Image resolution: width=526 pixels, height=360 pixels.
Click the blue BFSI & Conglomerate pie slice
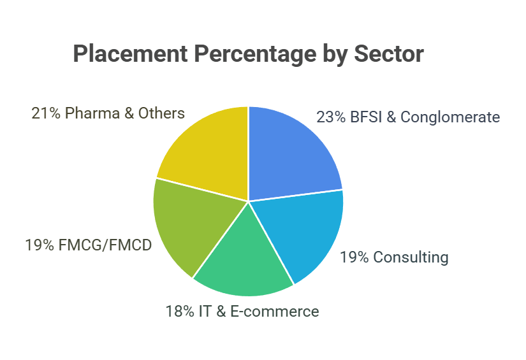pyautogui.click(x=290, y=153)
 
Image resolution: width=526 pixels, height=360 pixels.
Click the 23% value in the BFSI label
pyautogui.click(x=330, y=117)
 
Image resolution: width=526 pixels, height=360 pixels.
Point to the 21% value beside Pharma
pyautogui.click(x=45, y=113)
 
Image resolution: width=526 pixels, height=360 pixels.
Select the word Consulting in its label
pyautogui.click(x=411, y=257)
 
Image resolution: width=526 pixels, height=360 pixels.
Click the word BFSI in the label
pyautogui.click(x=365, y=117)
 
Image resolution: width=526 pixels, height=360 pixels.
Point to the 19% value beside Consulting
pyautogui.click(x=353, y=257)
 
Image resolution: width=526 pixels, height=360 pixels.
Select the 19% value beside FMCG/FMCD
pyautogui.click(x=39, y=245)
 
